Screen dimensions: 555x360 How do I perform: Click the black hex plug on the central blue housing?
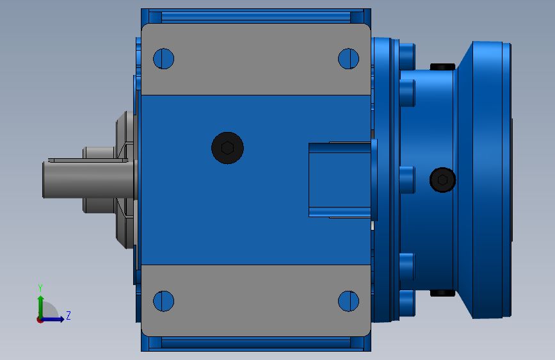[x=227, y=148]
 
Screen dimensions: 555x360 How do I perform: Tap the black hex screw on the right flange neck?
[x=442, y=180]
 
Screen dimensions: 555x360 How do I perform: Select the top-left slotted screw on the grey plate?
[x=163, y=58]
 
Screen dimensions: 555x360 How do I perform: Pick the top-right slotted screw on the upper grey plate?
[x=349, y=58]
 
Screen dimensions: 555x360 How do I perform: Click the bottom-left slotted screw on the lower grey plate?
[x=163, y=301]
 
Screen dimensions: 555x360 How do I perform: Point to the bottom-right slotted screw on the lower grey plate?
[x=349, y=301]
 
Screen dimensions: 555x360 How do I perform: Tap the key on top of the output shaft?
[x=88, y=160]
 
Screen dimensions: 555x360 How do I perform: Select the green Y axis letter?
[x=40, y=288]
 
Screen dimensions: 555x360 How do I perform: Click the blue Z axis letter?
[x=68, y=315]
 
